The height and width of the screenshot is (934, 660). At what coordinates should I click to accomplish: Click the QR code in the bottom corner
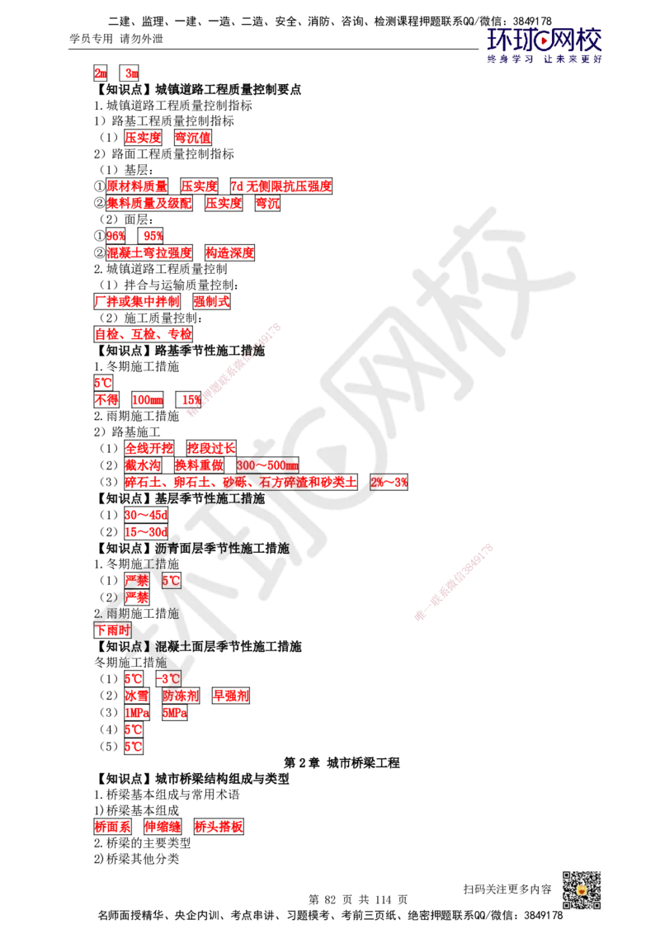tap(580, 889)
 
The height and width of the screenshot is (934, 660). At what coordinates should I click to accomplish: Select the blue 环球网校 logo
tap(544, 45)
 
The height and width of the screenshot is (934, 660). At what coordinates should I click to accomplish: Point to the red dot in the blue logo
tap(544, 37)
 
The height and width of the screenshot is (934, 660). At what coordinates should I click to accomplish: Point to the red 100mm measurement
tap(148, 400)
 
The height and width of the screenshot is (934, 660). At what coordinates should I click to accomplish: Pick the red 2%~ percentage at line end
tap(388, 482)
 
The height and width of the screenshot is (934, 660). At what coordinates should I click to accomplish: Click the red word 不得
tap(107, 400)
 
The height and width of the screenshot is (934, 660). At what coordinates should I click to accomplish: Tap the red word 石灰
tap(268, 482)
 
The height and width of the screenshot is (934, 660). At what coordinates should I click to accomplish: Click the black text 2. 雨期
tap(112, 614)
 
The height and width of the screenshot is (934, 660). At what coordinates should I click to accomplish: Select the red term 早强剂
tap(231, 696)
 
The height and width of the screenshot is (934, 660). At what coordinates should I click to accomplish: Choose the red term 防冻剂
tap(181, 696)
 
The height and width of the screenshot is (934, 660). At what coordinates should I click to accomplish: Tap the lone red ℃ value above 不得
tap(102, 384)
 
